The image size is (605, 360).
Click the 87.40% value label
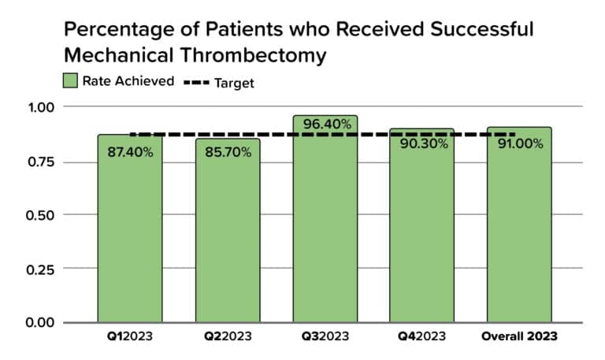click(x=131, y=152)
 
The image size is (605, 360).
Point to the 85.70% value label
click(x=228, y=152)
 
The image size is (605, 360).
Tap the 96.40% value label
click(x=325, y=124)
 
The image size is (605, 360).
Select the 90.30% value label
click(x=422, y=144)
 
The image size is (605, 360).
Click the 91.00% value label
click(x=519, y=144)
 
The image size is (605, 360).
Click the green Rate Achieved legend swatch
click(x=70, y=81)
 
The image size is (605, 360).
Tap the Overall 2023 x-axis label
click(x=519, y=336)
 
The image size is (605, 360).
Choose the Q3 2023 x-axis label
click(x=325, y=336)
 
